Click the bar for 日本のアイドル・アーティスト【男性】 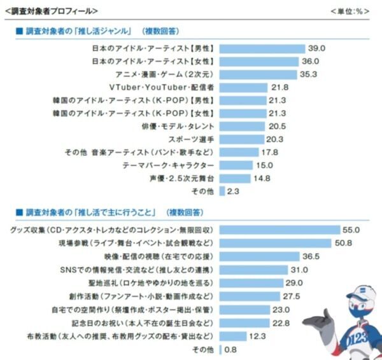point(260,48)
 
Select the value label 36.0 point(310,62)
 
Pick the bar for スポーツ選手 point(241,139)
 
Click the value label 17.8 point(270,152)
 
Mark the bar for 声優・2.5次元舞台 point(235,178)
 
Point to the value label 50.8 point(343,243)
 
